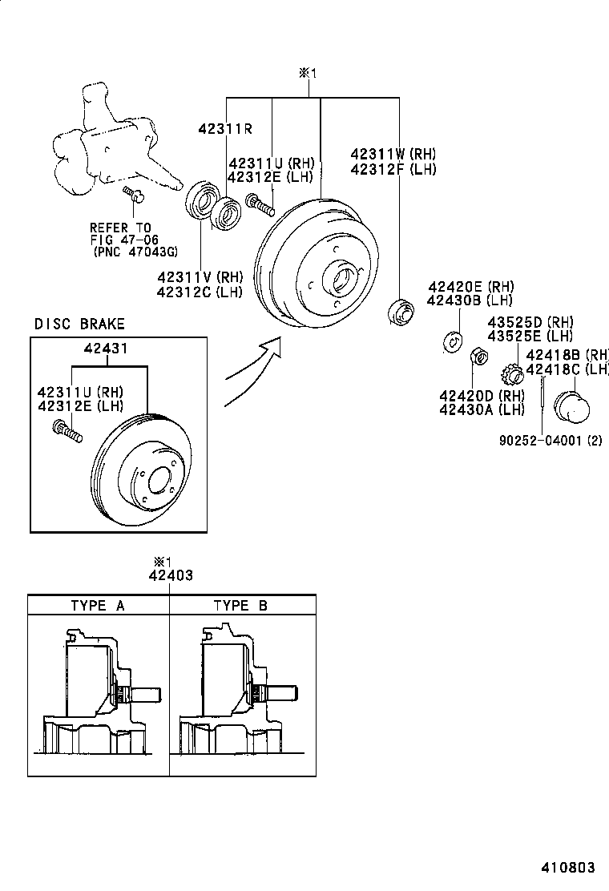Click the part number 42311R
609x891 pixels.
pos(225,128)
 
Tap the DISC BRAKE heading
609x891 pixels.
pos(79,324)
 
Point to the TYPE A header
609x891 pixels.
pos(98,605)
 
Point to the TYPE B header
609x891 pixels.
pos(240,605)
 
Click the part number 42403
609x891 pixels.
pos(170,575)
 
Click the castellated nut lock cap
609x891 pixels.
pos(511,373)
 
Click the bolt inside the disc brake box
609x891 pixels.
pos(67,430)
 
